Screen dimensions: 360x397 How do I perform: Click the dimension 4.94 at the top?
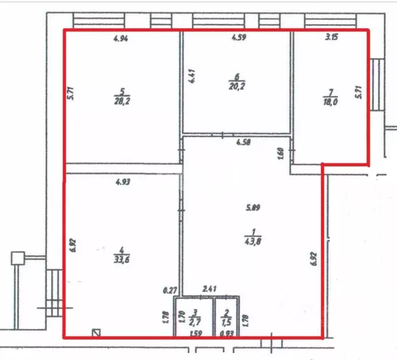121,39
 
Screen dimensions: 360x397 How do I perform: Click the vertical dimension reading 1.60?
281,153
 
